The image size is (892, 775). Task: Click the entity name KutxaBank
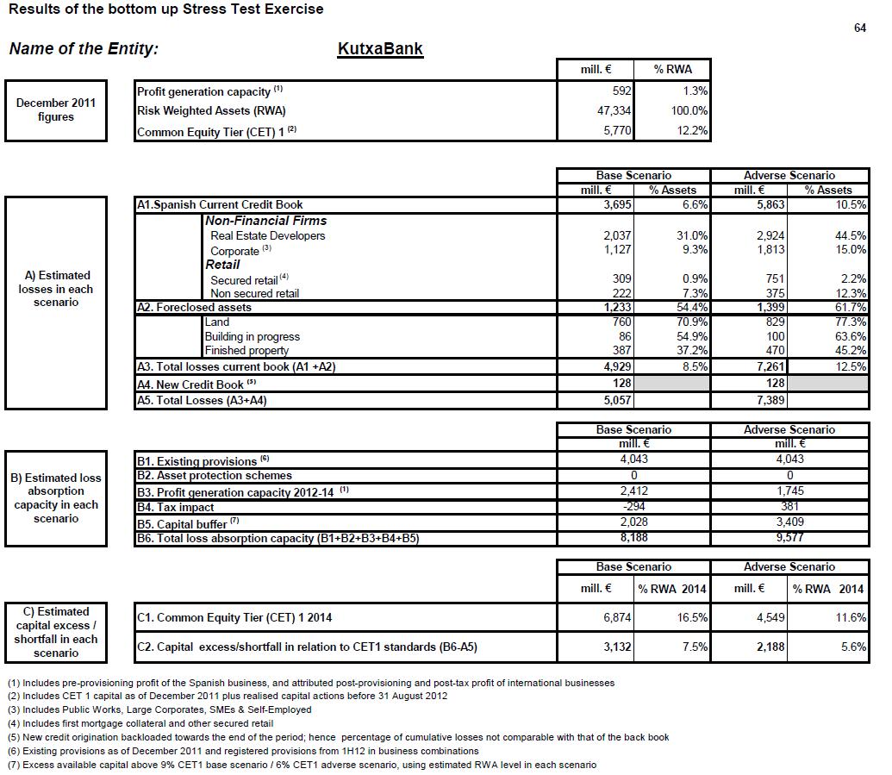point(380,48)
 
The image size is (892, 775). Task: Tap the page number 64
point(859,28)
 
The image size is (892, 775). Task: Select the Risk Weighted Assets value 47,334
point(614,111)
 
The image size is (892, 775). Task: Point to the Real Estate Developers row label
point(268,235)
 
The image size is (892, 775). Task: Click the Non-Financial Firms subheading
point(266,221)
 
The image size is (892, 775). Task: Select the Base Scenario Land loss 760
point(619,322)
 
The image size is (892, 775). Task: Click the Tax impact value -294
point(633,507)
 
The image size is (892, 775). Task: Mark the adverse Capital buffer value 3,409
point(789,522)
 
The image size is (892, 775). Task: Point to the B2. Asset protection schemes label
point(215,476)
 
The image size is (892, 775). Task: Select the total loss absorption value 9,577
point(789,538)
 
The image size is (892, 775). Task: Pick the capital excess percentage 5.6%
point(853,647)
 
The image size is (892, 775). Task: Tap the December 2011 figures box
point(56,110)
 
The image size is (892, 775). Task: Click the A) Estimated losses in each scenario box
point(56,289)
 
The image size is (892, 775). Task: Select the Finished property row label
point(246,351)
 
